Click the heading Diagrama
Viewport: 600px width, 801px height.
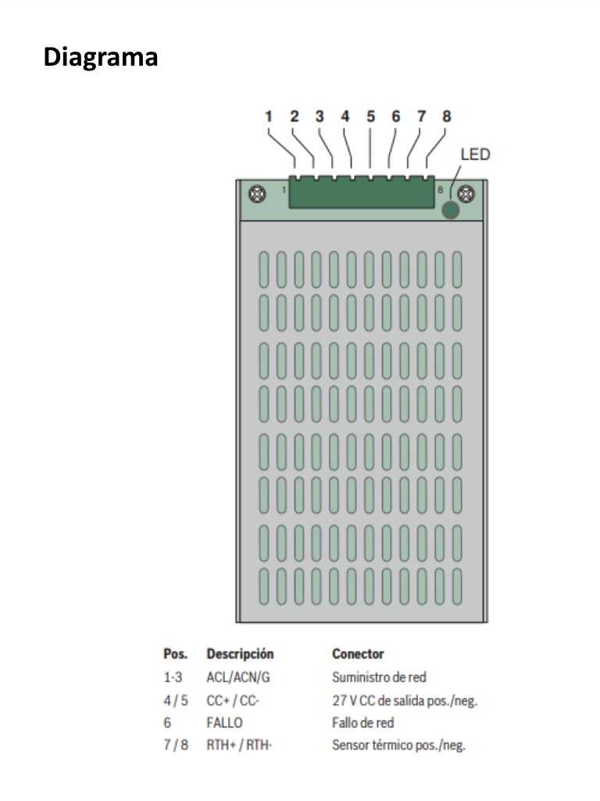tap(101, 57)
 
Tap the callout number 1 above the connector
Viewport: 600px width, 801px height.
tap(268, 117)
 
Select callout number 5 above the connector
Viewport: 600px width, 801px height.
tap(370, 117)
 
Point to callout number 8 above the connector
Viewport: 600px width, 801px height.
tap(446, 117)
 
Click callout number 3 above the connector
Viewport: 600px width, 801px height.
tap(320, 117)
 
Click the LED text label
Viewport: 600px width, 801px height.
tap(475, 154)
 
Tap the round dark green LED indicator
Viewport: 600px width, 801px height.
tap(451, 210)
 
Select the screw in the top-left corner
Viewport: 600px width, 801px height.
tap(254, 192)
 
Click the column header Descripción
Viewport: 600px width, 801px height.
tap(240, 654)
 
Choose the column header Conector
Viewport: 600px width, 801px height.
tap(358, 654)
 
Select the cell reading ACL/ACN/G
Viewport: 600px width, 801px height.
tap(234, 677)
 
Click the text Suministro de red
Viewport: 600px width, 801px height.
tap(379, 677)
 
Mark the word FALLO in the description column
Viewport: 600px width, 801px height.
tap(225, 723)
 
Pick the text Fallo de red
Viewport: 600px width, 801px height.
tap(362, 723)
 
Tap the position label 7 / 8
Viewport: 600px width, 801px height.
tap(176, 745)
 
